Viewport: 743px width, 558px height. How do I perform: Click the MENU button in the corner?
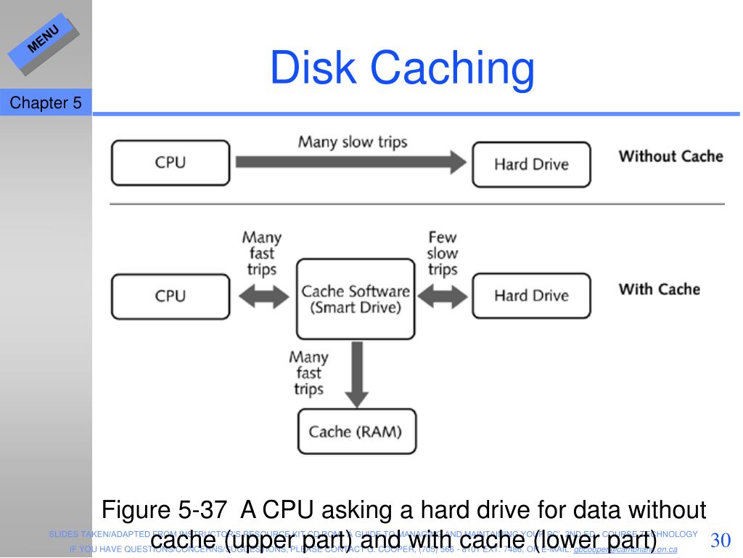44,40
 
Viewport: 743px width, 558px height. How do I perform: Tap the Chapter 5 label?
45,103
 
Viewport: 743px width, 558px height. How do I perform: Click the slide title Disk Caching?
402,68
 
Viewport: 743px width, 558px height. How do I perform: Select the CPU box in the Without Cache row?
171,163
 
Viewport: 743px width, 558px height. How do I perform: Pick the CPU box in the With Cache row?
171,296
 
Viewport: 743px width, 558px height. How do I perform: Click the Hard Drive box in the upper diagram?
531,164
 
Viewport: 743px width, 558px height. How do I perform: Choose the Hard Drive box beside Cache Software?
531,296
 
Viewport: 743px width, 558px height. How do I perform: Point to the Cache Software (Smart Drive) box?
355,299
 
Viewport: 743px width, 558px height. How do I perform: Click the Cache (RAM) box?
355,432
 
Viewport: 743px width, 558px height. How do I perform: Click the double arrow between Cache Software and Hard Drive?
442,296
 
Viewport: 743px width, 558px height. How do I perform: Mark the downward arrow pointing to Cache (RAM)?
355,375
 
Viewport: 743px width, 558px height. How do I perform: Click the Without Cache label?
670,156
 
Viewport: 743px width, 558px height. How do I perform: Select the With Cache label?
659,289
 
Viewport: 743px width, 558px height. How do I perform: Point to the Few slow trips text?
442,254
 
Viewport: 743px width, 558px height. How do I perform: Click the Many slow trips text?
353,141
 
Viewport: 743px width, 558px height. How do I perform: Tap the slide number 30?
720,541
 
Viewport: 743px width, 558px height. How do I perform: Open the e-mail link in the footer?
625,549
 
